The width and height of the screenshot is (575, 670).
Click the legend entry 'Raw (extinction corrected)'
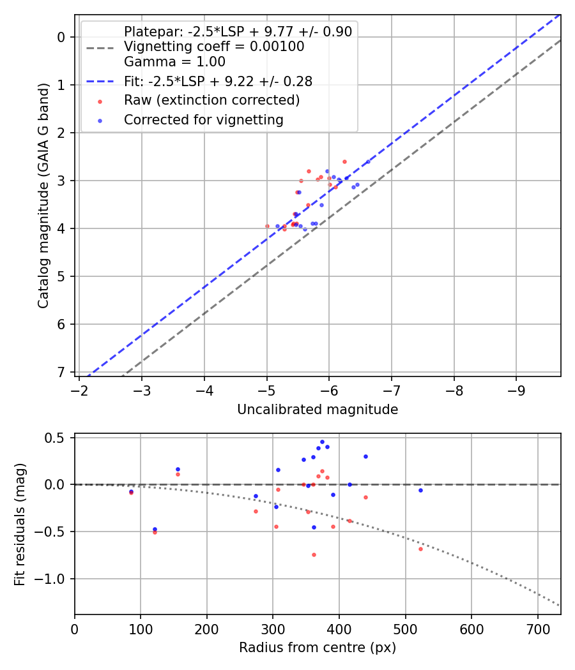pos(211,100)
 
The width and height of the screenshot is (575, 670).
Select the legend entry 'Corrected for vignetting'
pos(203,119)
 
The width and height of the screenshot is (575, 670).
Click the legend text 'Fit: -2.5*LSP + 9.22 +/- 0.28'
pos(217,81)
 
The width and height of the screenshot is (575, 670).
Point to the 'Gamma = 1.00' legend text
pos(174,62)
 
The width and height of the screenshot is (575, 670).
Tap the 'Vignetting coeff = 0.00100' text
pos(213,47)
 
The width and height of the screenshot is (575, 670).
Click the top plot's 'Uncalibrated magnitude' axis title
pos(318,410)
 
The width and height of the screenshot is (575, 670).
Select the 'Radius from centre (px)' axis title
pos(318,648)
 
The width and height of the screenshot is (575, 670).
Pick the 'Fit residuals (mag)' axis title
pos(20,524)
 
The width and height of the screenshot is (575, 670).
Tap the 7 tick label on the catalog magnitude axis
pos(61,372)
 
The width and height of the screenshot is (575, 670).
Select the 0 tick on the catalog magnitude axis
pos(61,37)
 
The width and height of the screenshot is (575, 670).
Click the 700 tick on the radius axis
pos(537,628)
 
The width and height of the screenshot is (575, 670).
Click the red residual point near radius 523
pos(420,549)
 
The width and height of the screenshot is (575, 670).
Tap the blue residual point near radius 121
pos(155,529)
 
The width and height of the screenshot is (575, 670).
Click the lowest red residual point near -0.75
pos(314,555)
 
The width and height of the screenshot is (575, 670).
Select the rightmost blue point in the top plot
pos(368,161)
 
